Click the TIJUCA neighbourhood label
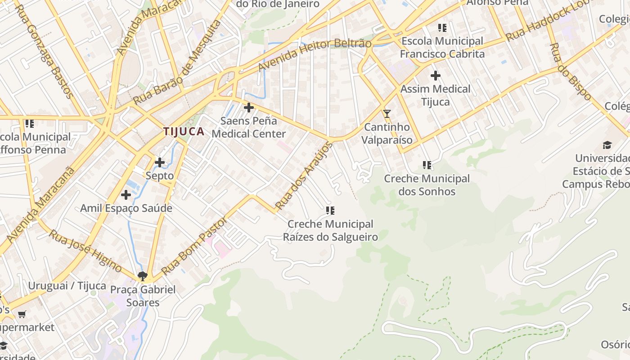click(184, 131)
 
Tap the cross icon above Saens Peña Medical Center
click(248, 108)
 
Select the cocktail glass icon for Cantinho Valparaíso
click(387, 114)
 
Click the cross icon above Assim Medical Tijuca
click(435, 76)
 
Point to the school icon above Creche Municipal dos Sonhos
click(427, 165)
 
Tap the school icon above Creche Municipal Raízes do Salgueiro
click(330, 210)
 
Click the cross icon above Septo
click(160, 162)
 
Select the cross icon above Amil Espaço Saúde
click(126, 195)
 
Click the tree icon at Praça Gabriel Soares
click(143, 276)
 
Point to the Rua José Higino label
click(85, 251)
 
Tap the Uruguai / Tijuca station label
click(67, 286)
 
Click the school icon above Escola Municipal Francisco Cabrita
click(442, 28)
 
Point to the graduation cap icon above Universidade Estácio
click(607, 145)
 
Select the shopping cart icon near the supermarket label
click(22, 314)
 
